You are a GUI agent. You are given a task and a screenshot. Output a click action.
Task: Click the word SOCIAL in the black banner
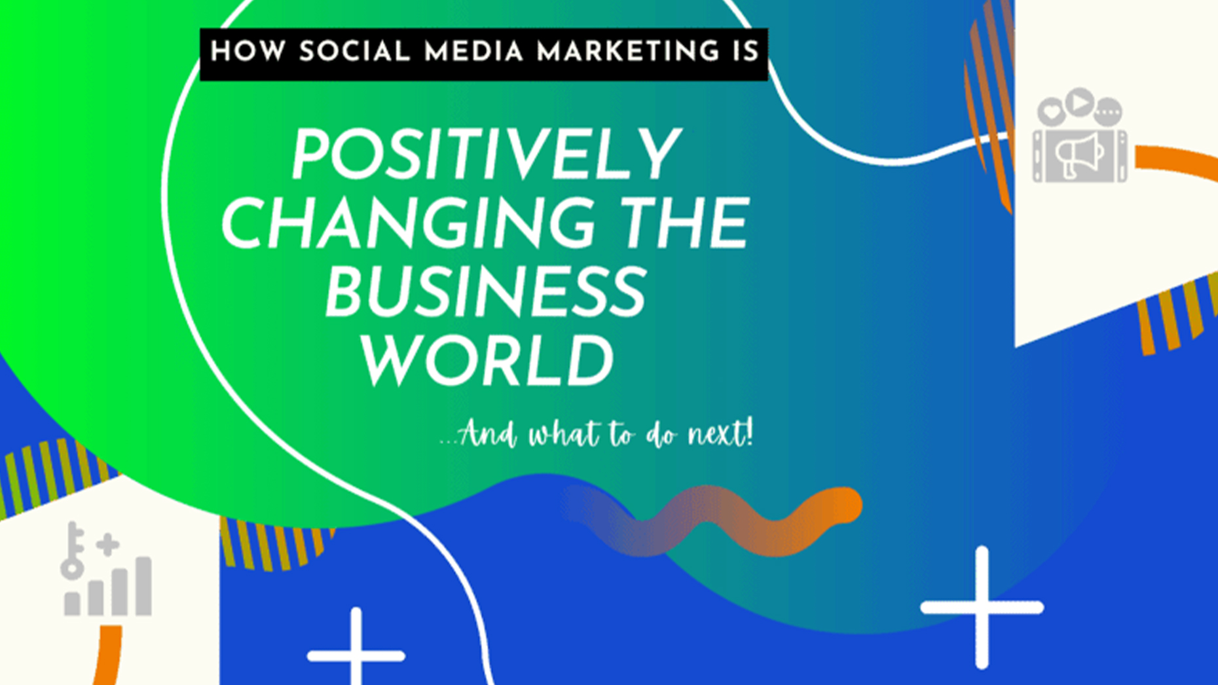[x=354, y=52]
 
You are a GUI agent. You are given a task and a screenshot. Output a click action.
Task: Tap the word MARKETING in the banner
[x=628, y=52]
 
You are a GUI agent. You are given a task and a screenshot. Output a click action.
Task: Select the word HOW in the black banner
[x=248, y=52]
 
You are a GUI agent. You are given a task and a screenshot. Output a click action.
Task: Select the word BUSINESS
[x=486, y=292]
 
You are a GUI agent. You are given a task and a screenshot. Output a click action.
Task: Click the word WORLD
[x=488, y=361]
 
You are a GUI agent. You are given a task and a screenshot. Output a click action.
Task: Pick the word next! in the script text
[x=720, y=434]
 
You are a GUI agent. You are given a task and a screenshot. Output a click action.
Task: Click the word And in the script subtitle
[x=488, y=434]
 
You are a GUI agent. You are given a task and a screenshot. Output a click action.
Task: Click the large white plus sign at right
[x=981, y=607]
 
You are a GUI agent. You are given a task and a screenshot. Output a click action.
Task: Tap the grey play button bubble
[x=1079, y=103]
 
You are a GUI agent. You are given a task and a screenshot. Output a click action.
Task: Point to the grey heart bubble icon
[x=1052, y=112]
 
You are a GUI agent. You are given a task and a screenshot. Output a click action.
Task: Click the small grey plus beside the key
[x=107, y=544]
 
